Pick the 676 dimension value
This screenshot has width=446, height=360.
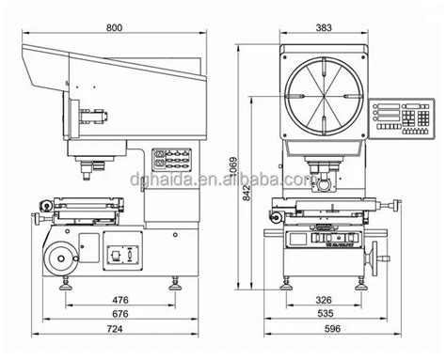(119, 315)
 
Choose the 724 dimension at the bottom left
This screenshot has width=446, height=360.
(113, 331)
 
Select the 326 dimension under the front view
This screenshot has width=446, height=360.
(323, 301)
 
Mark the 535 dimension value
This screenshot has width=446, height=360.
(323, 315)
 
